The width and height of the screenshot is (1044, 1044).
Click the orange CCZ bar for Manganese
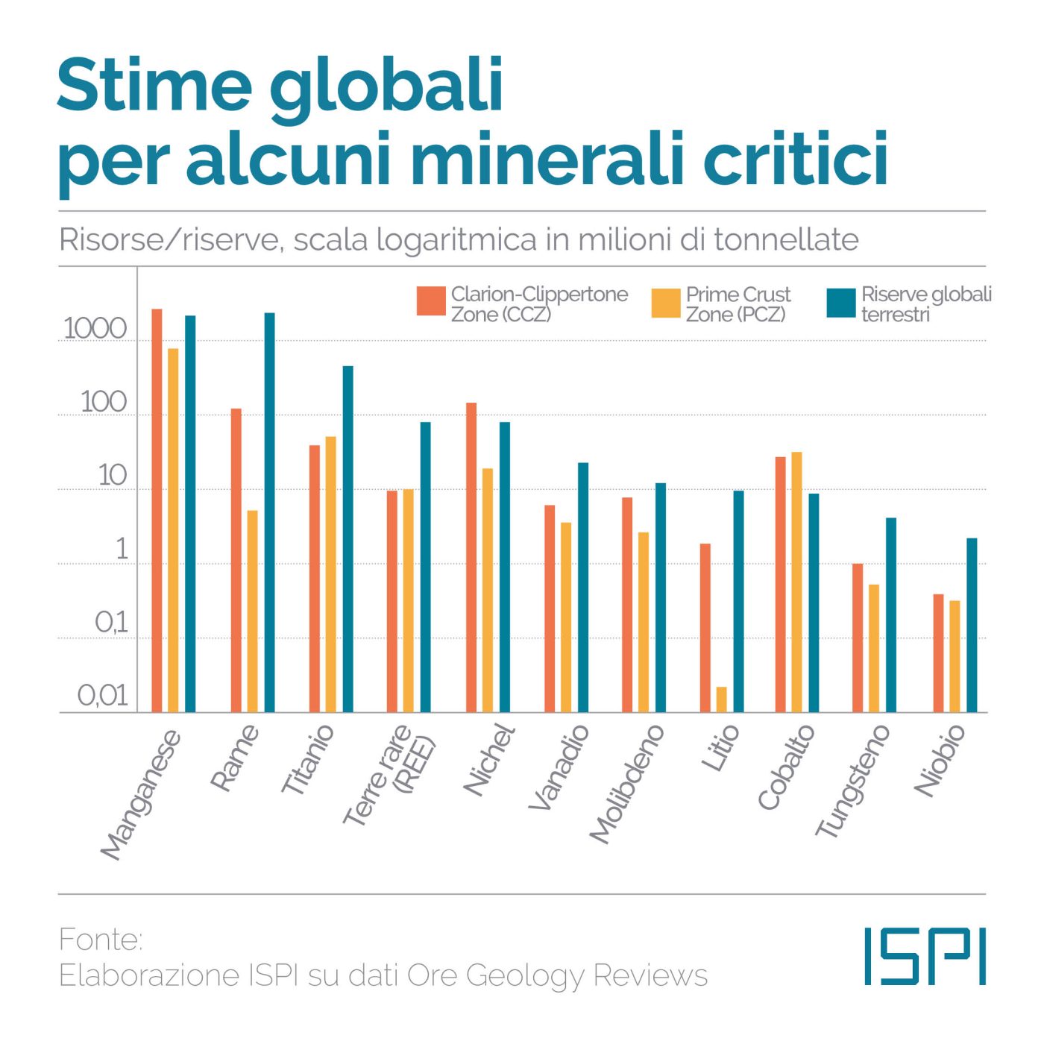pos(157,511)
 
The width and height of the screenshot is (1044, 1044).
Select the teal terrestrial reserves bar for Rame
pos(269,512)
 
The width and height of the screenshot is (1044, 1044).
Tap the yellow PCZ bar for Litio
pos(721,699)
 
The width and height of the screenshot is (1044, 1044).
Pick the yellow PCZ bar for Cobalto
pos(796,582)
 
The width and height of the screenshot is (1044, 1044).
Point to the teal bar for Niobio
pos(972,625)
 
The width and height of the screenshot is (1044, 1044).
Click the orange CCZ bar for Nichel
pos(471,557)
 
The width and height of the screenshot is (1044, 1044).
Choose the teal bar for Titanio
pos(348,538)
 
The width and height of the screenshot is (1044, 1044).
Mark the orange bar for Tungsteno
pos(858,638)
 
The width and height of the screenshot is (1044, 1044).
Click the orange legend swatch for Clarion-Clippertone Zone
pos(431,301)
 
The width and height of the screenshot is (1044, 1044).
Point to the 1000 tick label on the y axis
pos(95,329)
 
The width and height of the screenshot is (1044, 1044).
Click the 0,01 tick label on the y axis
pos(103,696)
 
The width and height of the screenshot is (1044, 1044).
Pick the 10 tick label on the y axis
pos(112,476)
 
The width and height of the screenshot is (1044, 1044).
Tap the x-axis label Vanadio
pos(559,767)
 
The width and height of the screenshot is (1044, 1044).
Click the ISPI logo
pos(925,956)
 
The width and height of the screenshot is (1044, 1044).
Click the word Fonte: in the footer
pos(101,940)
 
